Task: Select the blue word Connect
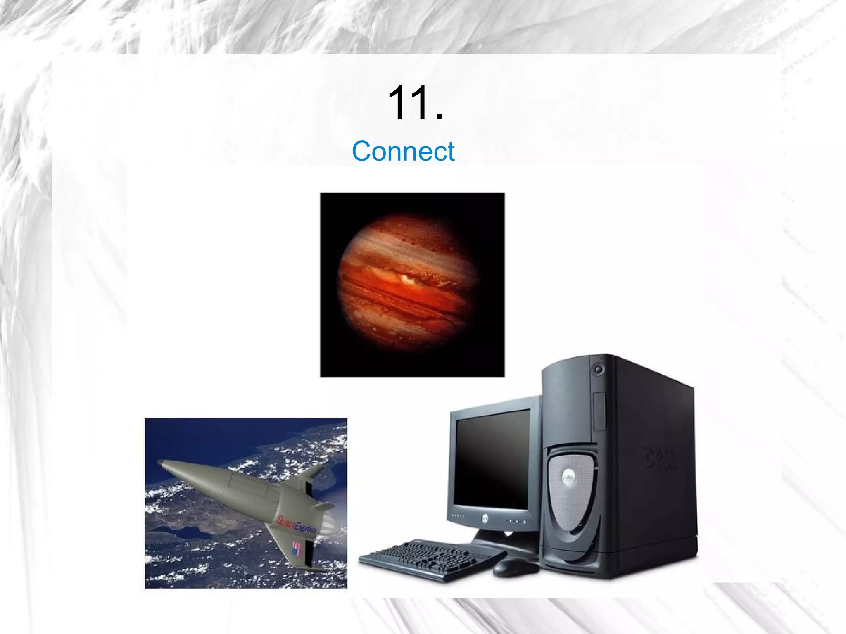point(403,151)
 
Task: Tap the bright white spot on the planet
point(407,280)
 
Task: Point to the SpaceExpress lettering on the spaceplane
point(296,525)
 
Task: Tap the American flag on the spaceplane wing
point(296,549)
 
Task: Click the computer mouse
point(515,568)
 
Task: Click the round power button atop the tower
point(598,369)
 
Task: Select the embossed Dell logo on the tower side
point(660,458)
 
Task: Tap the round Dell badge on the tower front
point(568,478)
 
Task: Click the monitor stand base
point(506,545)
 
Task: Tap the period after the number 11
point(440,118)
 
